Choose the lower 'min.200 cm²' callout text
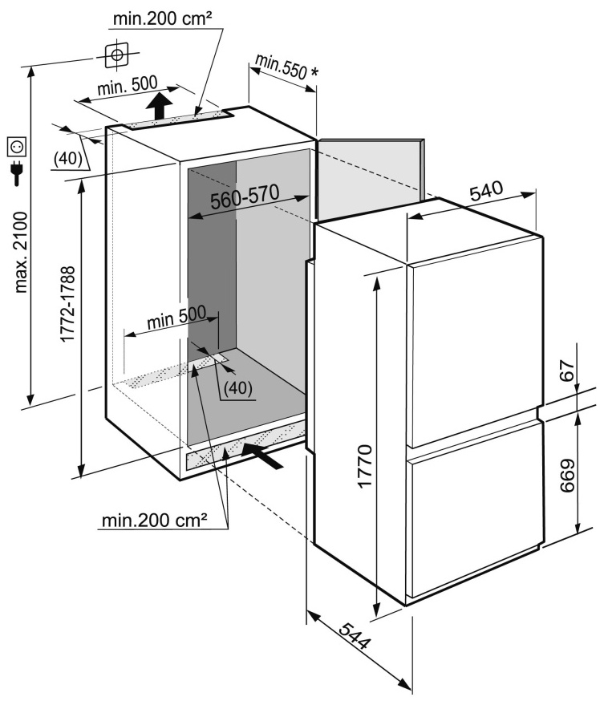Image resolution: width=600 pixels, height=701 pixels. click(x=155, y=521)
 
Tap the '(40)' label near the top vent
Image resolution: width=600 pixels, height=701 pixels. click(x=68, y=159)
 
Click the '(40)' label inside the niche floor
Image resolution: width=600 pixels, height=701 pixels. click(x=237, y=387)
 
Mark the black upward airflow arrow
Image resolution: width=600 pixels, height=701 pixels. click(x=160, y=105)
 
